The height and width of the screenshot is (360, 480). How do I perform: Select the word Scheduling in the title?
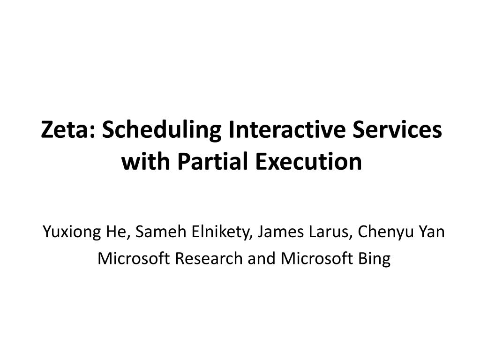tap(161, 130)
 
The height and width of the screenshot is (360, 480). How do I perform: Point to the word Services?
tap(397, 129)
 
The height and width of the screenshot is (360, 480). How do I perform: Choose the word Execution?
tap(309, 161)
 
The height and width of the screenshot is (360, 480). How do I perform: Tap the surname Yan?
tap(432, 232)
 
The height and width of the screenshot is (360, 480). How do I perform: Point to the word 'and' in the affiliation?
tap(262, 258)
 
